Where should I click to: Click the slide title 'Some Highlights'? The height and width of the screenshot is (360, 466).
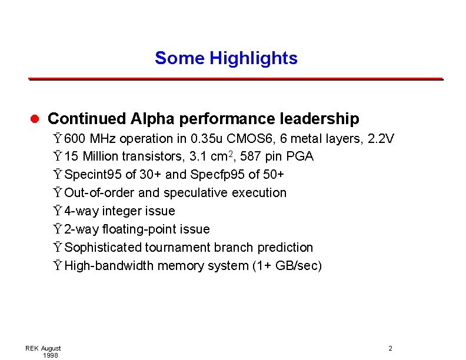[x=226, y=58]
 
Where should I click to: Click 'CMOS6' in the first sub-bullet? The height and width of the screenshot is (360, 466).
[x=257, y=139]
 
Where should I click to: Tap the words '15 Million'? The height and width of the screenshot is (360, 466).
[x=88, y=156]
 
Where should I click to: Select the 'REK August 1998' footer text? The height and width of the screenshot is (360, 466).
[x=43, y=352]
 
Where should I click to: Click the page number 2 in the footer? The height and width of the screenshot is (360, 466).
[x=390, y=349]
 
